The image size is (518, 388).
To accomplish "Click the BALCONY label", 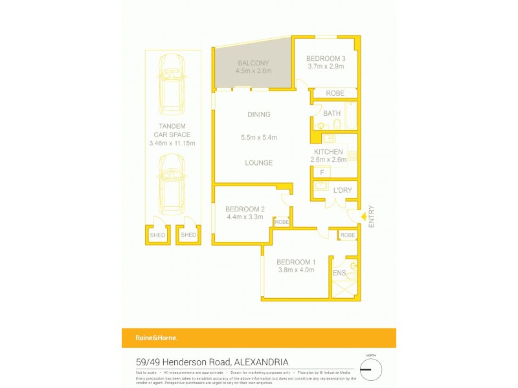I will click(253, 63).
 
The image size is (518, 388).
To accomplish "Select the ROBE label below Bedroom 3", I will click(335, 93).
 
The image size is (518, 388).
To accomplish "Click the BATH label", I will click(332, 113).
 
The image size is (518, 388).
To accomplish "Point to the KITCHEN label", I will click(328, 152).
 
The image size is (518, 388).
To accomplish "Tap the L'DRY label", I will click(343, 190).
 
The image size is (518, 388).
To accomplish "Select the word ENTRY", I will click(371, 216).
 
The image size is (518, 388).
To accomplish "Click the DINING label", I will click(258, 114).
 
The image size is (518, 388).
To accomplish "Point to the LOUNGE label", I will click(258, 162).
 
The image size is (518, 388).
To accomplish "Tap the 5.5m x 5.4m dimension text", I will click(258, 137).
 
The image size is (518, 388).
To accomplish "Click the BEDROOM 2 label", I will click(245, 209).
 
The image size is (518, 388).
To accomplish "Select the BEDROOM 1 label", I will click(295, 262).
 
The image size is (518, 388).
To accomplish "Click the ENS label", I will click(339, 274).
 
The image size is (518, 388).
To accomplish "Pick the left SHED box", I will click(158, 235).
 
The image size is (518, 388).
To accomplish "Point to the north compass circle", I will click(371, 369).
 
